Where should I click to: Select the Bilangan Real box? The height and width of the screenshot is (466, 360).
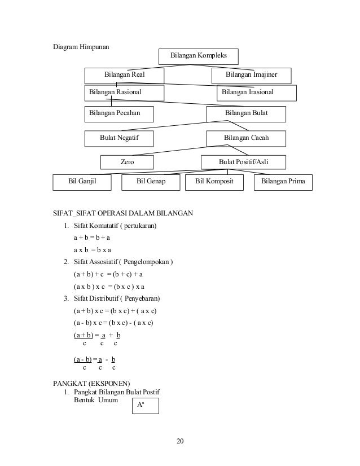coord(124,75)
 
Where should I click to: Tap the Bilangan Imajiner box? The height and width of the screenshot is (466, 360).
coord(251,75)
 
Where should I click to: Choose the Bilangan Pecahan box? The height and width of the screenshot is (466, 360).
coord(124,114)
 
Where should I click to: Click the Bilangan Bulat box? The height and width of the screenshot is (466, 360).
coord(246,114)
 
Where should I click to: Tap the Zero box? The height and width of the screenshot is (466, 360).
coord(128,162)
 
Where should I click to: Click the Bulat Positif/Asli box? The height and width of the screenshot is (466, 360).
coord(243,162)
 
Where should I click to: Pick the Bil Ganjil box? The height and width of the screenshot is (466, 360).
coord(82,183)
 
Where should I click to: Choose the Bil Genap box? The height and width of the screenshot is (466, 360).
coord(151,183)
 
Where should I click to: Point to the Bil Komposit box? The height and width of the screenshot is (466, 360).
coord(218,183)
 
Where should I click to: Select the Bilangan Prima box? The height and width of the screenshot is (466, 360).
coord(284,183)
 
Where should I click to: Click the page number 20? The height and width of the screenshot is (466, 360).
coord(180,441)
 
